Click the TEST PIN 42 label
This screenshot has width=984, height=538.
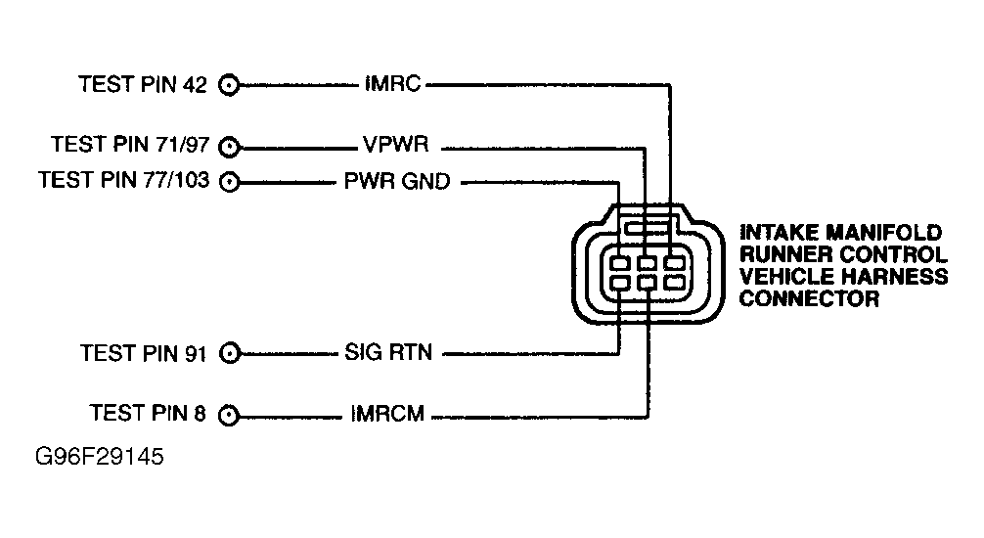pos(143,85)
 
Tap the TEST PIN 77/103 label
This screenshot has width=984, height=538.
pos(122,181)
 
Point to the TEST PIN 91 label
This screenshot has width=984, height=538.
pos(143,353)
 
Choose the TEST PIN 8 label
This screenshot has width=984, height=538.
pos(148,414)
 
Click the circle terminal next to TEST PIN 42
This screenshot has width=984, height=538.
pos(229,85)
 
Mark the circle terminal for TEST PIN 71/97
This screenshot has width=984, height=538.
pos(229,147)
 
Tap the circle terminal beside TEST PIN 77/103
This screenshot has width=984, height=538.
pos(229,182)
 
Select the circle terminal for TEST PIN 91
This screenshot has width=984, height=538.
pos(229,353)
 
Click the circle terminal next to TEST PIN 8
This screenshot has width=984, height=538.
pos(229,415)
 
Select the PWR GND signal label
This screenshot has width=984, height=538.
pos(396,182)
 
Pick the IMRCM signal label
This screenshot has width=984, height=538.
pos(386,415)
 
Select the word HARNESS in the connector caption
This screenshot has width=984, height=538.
pos(898,277)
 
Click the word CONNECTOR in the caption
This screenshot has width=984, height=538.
pos(808,298)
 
